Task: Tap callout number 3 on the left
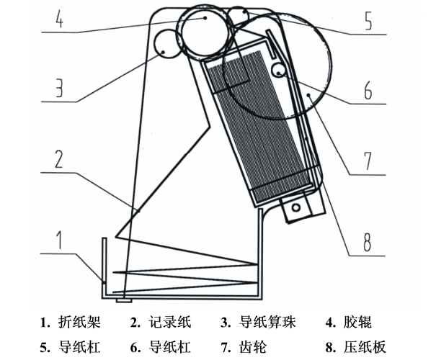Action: pyautogui.click(x=61, y=88)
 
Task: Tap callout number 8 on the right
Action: pyautogui.click(x=368, y=241)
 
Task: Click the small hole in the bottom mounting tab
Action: pyautogui.click(x=294, y=209)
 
